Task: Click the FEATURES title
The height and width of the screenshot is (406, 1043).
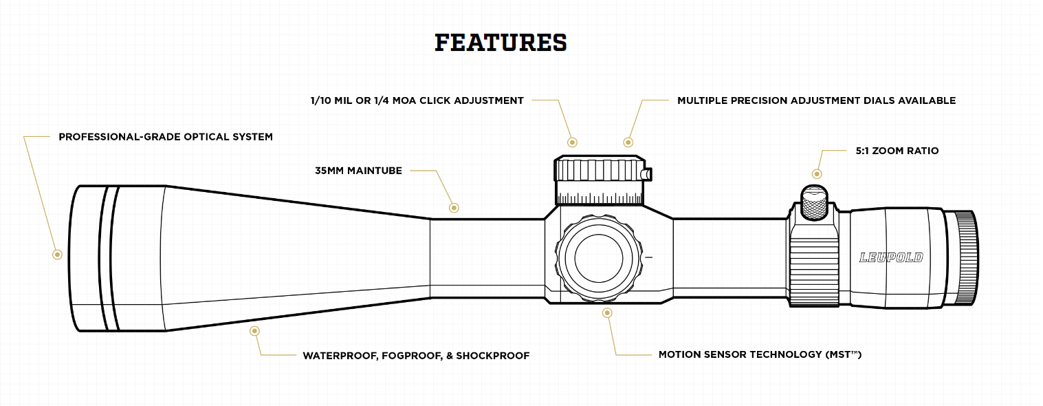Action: (501, 43)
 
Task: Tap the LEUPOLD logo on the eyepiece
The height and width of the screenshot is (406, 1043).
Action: (891, 258)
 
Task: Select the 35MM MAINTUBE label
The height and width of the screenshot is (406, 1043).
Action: (358, 171)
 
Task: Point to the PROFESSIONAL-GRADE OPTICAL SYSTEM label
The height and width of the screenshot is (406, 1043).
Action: (166, 137)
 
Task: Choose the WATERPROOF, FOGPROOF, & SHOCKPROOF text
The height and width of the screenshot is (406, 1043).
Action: (416, 356)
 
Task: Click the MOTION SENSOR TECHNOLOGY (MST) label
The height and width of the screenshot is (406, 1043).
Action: (760, 355)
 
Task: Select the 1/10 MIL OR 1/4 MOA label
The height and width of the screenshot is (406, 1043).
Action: (417, 100)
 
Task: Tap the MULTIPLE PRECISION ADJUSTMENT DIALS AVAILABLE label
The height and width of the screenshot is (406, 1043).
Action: (816, 100)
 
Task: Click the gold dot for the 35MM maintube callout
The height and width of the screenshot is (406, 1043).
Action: (453, 207)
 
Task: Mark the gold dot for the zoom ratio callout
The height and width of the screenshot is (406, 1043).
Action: (817, 174)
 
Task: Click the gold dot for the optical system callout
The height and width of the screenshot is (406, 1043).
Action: (58, 255)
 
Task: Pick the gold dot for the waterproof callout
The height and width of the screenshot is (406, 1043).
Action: (255, 331)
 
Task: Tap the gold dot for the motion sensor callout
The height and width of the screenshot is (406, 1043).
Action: (607, 313)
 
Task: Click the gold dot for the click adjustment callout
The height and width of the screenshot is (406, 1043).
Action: (572, 142)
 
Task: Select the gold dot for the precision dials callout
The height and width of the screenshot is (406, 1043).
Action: (628, 142)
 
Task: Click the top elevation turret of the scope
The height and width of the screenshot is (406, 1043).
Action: (600, 181)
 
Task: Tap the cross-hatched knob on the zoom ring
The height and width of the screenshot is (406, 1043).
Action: (815, 202)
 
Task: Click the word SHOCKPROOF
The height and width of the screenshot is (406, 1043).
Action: (493, 356)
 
